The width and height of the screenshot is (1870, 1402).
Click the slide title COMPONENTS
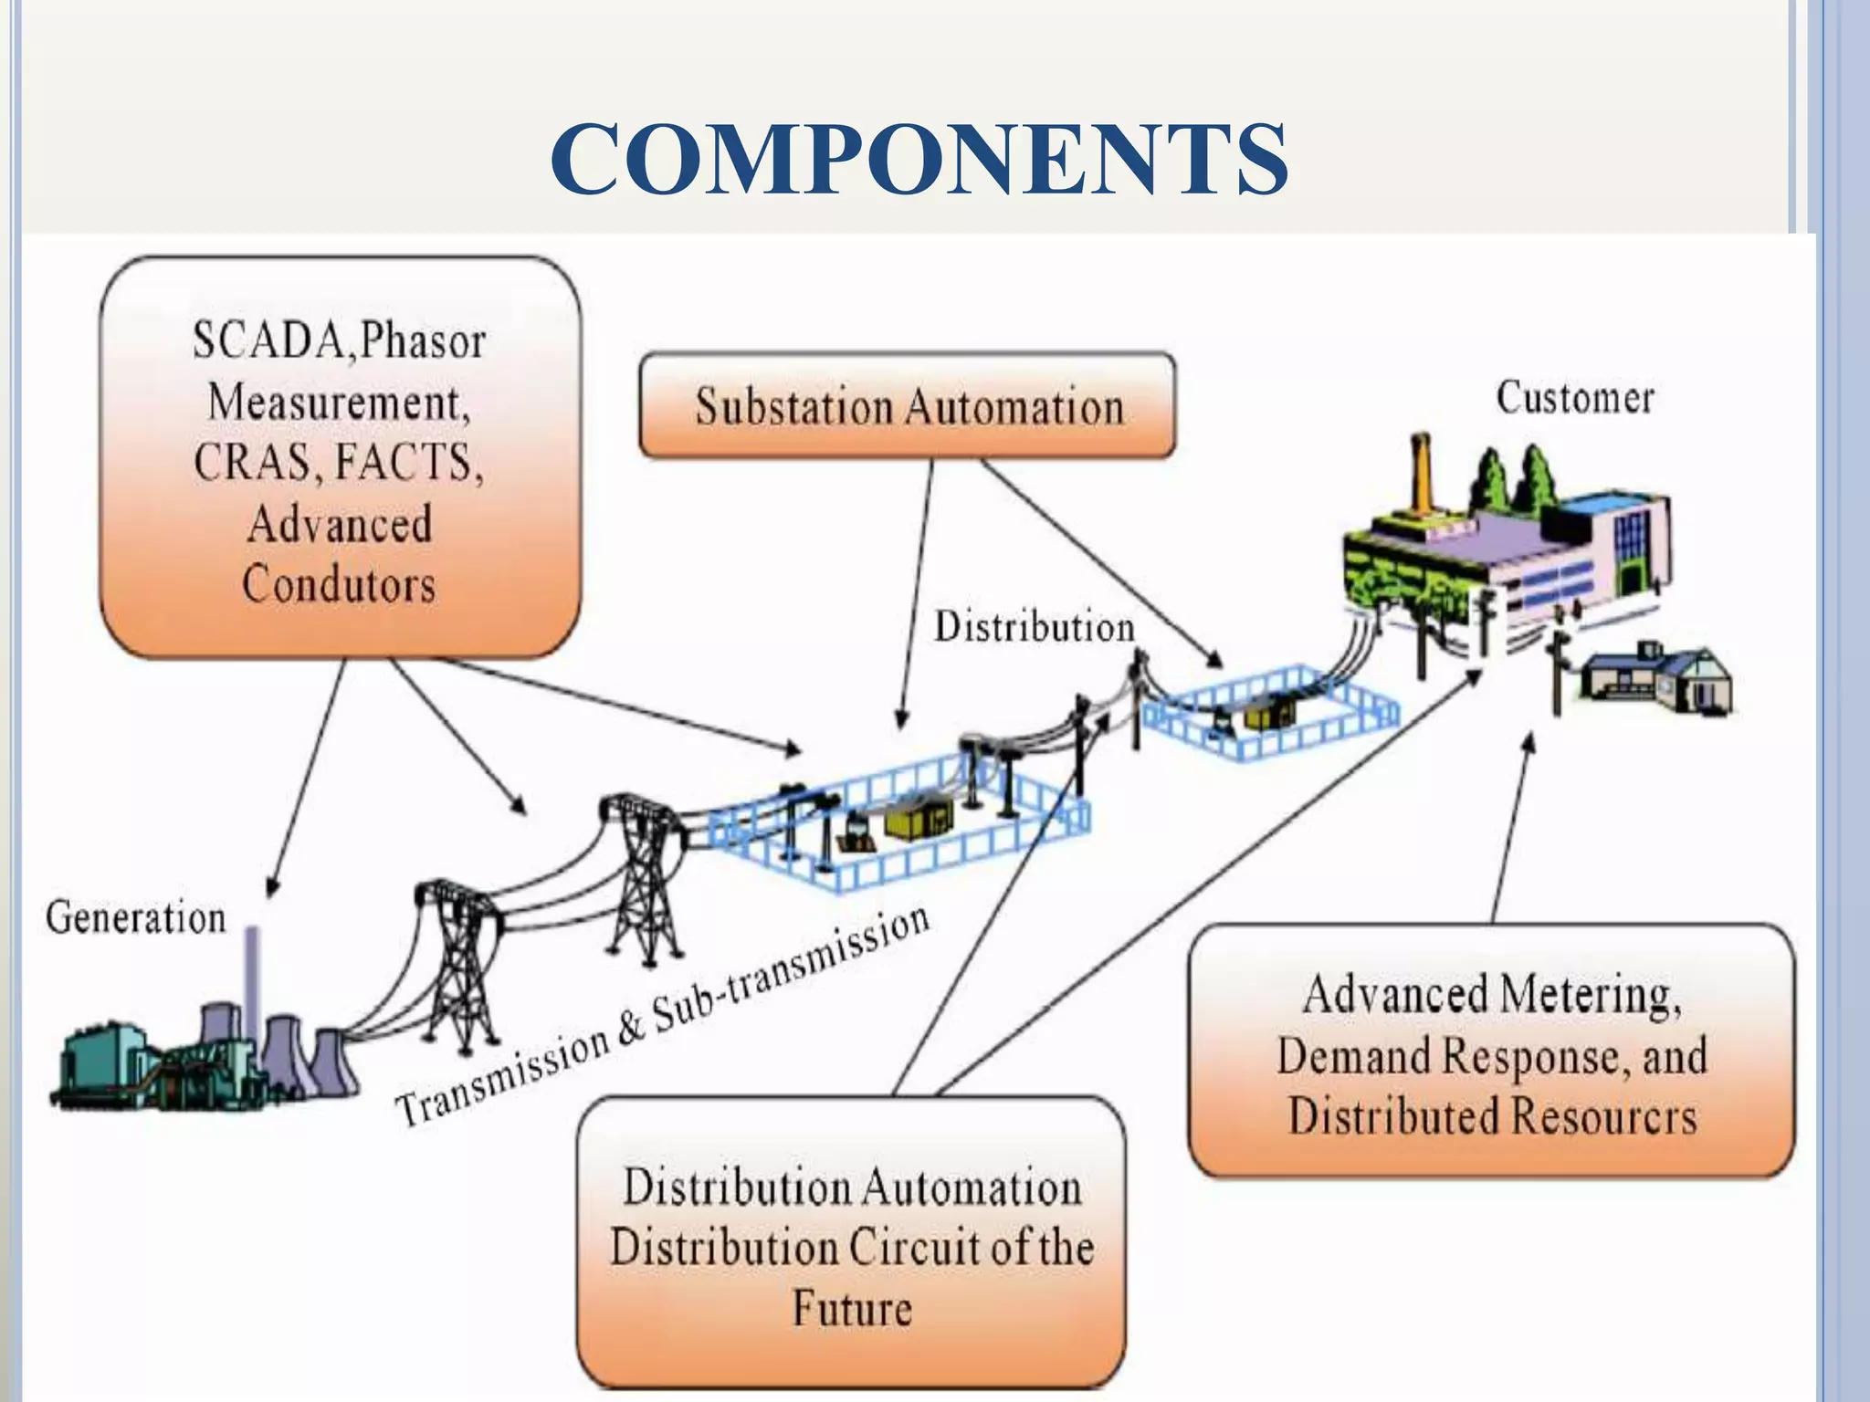[919, 160]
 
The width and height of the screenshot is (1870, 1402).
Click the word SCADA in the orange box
[270, 341]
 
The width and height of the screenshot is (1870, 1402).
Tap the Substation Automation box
[908, 406]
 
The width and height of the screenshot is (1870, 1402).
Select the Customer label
[1574, 399]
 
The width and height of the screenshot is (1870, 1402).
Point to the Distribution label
[1034, 628]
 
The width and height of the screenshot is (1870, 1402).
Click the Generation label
[136, 918]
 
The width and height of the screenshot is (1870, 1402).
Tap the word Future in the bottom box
[851, 1308]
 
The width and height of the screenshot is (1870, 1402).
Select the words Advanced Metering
[1490, 995]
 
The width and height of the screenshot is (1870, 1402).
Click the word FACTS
[407, 462]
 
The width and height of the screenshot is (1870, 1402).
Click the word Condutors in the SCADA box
[339, 585]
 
